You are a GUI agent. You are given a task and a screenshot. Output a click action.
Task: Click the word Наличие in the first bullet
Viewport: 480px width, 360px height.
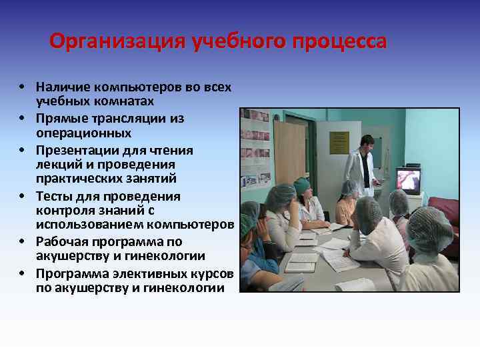coord(61,87)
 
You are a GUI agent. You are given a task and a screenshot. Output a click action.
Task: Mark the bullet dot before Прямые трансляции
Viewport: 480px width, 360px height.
coord(22,119)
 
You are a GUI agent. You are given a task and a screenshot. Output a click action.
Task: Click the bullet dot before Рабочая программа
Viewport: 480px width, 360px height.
coord(22,242)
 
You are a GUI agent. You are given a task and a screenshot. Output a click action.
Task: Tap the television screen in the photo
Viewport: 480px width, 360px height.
coord(408,180)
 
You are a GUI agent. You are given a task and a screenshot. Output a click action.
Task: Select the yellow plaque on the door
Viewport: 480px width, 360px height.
coord(339,142)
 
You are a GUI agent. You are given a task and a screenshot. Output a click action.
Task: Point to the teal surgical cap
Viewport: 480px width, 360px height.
coord(302,185)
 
